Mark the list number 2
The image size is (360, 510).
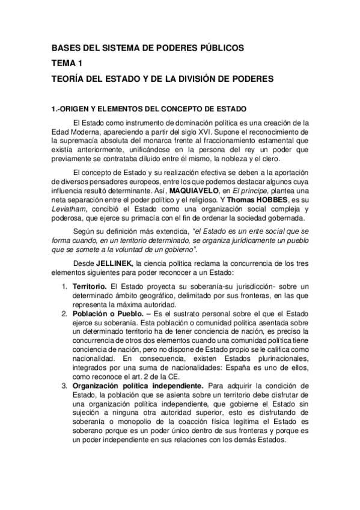64,313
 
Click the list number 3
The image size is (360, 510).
64,385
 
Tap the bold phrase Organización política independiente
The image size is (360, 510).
138,385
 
